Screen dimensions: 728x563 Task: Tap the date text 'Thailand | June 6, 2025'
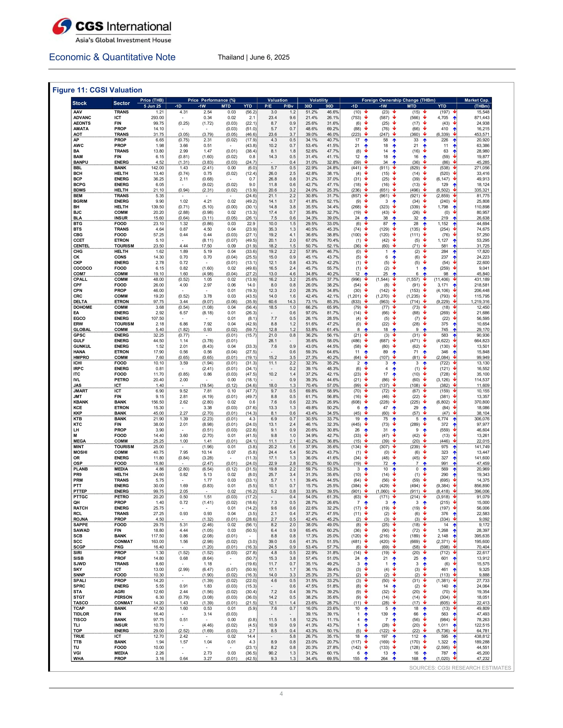click(253, 57)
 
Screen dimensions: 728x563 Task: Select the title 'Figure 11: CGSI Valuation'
click(97, 90)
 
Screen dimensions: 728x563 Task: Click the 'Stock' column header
click(79, 103)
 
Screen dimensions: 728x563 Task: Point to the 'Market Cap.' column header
click(477, 100)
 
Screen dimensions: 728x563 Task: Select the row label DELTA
click(80, 302)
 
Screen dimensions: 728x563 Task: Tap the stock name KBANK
click(81, 402)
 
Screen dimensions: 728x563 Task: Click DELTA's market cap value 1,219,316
click(480, 302)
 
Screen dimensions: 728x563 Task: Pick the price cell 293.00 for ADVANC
click(157, 118)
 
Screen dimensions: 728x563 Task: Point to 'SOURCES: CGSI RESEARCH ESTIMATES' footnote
click(460, 668)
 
